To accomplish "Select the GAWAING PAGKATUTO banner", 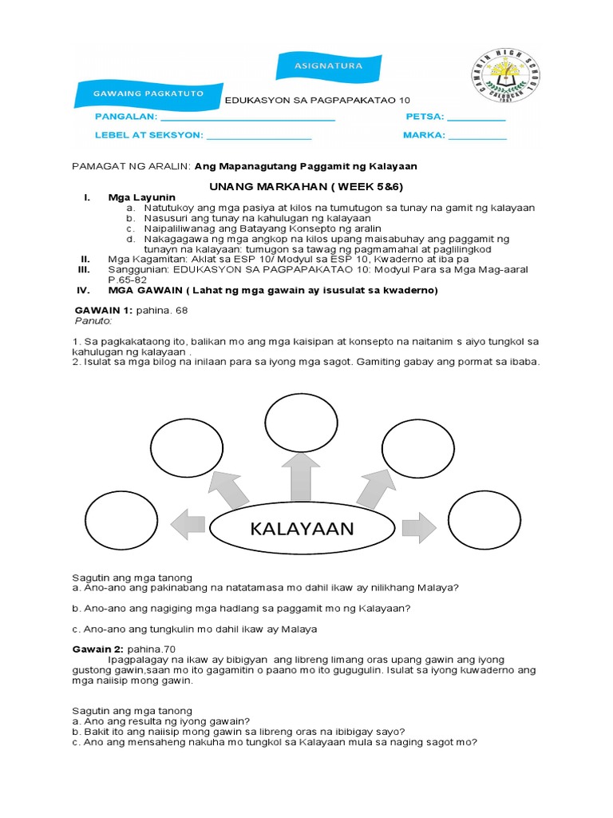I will click(x=148, y=93).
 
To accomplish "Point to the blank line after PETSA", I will click(x=477, y=120).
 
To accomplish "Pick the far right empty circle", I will click(x=484, y=524).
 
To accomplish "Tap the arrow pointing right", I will click(x=418, y=526).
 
